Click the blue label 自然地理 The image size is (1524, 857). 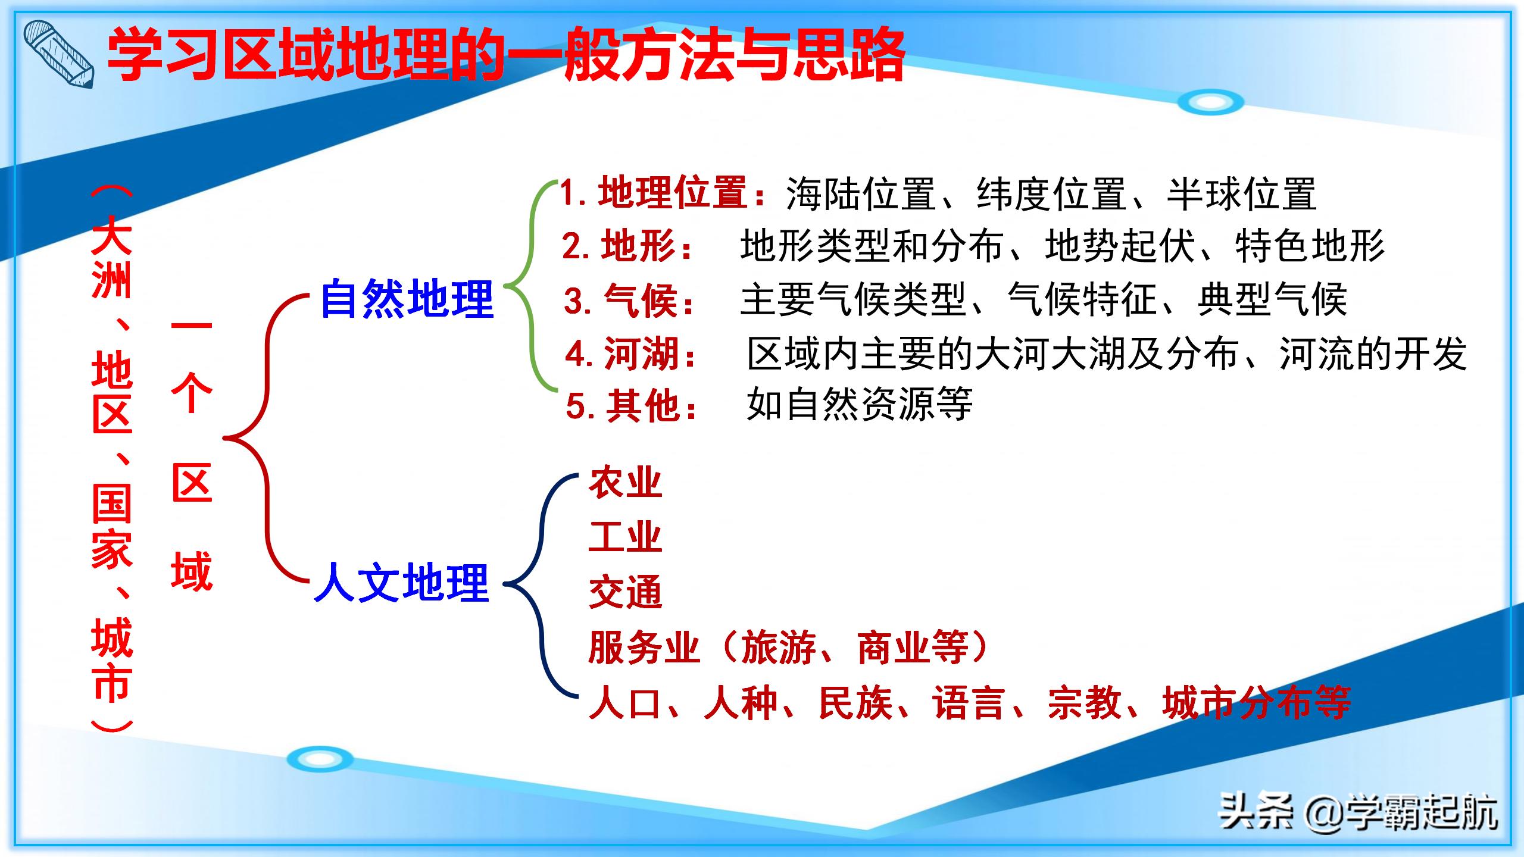[x=407, y=299]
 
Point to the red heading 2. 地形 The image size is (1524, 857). [x=627, y=246]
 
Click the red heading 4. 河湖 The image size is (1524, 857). [x=631, y=354]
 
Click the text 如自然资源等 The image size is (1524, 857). [x=859, y=405]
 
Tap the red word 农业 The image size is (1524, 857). [x=625, y=483]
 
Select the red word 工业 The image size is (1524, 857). [x=625, y=537]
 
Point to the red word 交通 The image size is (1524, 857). [x=625, y=593]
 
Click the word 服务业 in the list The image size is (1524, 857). [x=644, y=648]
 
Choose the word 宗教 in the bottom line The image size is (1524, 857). [x=1085, y=703]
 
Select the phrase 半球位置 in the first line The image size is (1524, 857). [x=1241, y=194]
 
